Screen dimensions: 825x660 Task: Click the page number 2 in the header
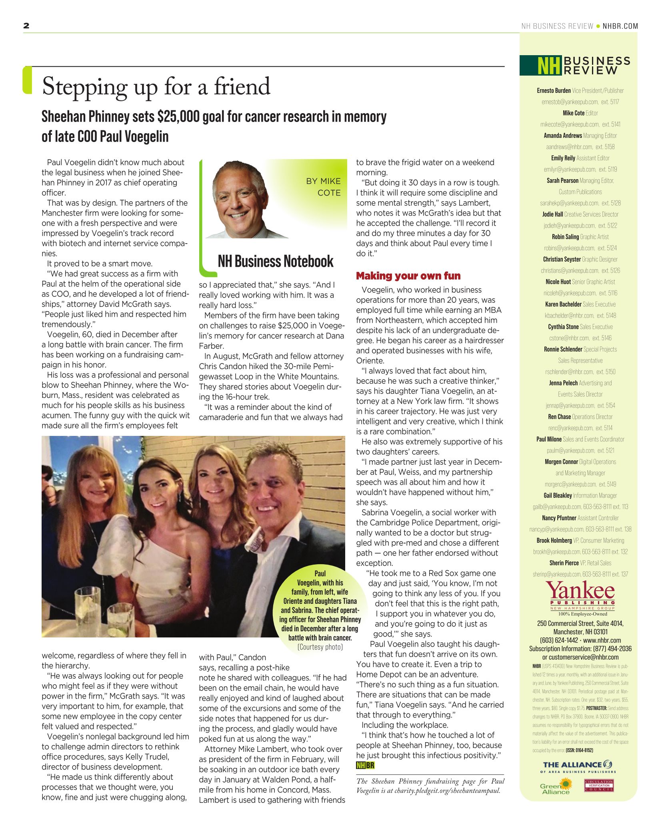pos(26,26)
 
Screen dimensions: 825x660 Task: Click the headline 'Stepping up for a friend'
pos(156,86)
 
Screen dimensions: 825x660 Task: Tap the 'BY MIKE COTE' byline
pos(323,187)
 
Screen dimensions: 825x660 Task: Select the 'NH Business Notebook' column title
pos(275,262)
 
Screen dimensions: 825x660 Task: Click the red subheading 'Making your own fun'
pos(408,276)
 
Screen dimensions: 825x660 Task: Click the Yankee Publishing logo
pos(580,596)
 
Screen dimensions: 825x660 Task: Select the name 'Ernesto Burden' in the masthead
pos(554,91)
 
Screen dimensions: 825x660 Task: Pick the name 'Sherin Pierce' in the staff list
pos(564,563)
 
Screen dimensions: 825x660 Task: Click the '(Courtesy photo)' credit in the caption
pos(320,647)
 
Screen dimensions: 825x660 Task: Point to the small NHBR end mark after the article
pos(365,765)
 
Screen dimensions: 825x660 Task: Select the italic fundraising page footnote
pos(430,786)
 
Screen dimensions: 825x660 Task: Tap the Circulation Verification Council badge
pos(599,785)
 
